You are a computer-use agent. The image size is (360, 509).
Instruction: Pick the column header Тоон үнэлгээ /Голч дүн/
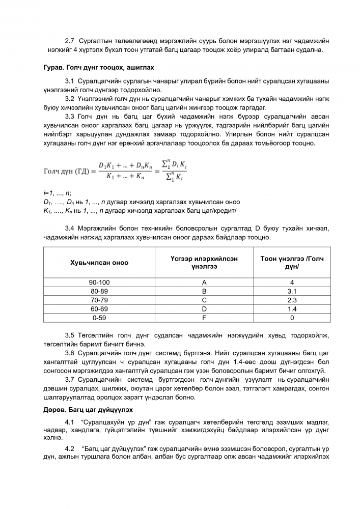click(292, 263)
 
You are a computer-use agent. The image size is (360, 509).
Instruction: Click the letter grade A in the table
click(204, 282)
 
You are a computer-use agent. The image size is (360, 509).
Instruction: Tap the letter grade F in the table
click(204, 318)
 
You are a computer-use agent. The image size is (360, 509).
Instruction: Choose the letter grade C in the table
click(204, 300)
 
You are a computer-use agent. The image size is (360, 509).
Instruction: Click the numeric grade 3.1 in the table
click(292, 291)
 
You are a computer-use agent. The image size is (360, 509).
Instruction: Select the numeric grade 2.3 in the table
click(292, 300)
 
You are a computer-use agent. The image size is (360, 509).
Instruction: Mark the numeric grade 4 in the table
click(292, 282)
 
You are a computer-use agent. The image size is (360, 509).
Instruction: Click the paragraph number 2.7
click(70, 40)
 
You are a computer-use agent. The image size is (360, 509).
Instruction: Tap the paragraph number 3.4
click(70, 228)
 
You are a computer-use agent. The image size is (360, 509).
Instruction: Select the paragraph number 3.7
click(70, 379)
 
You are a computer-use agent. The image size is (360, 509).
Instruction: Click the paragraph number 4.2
click(70, 447)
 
